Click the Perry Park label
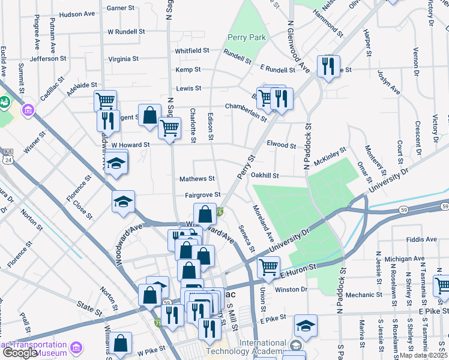click(246, 37)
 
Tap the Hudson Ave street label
click(77, 14)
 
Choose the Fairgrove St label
click(203, 195)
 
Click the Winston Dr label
click(291, 289)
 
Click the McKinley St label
click(330, 155)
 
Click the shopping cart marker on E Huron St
click(268, 266)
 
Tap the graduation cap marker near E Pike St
click(306, 325)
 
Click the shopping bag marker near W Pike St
click(121, 343)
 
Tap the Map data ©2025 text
click(424, 355)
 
